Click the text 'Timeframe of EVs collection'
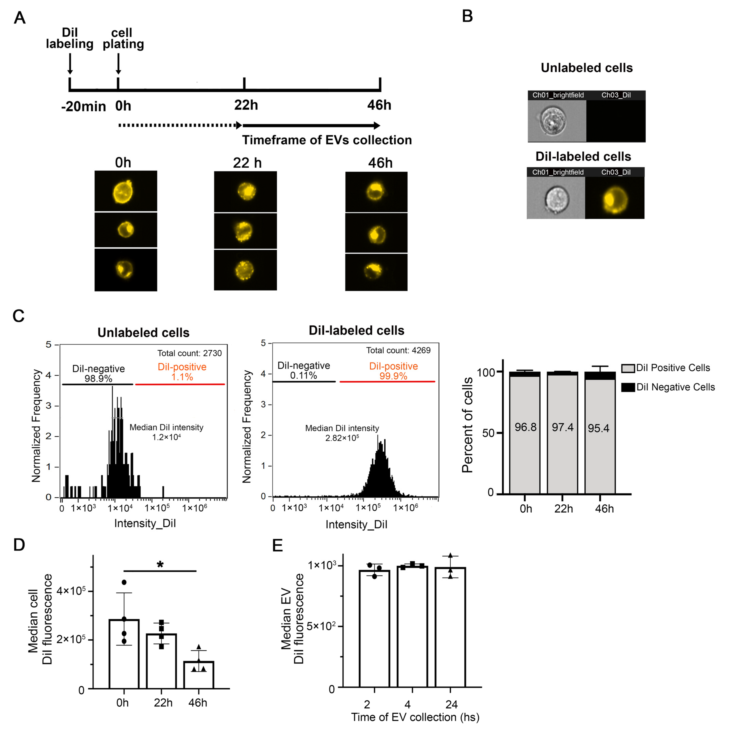327,140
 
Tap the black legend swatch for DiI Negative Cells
628,387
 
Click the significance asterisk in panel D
160,565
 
